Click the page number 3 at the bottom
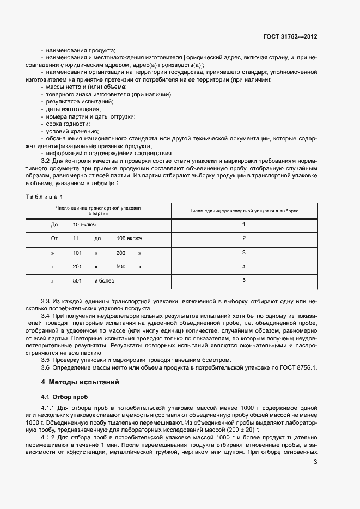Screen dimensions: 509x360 coord(316,463)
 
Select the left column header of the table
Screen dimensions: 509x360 coord(98,211)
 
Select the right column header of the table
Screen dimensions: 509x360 coord(244,211)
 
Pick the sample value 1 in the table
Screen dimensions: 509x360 coord(244,224)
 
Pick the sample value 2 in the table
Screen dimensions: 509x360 coord(244,238)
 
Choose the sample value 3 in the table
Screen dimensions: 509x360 coord(244,253)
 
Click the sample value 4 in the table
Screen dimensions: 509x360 coord(244,267)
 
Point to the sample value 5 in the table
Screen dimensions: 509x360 coord(244,280)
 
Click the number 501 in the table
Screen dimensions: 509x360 coord(77,281)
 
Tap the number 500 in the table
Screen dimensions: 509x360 coord(121,267)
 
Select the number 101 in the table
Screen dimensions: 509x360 coord(77,253)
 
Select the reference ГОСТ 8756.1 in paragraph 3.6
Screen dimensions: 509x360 coord(298,367)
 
